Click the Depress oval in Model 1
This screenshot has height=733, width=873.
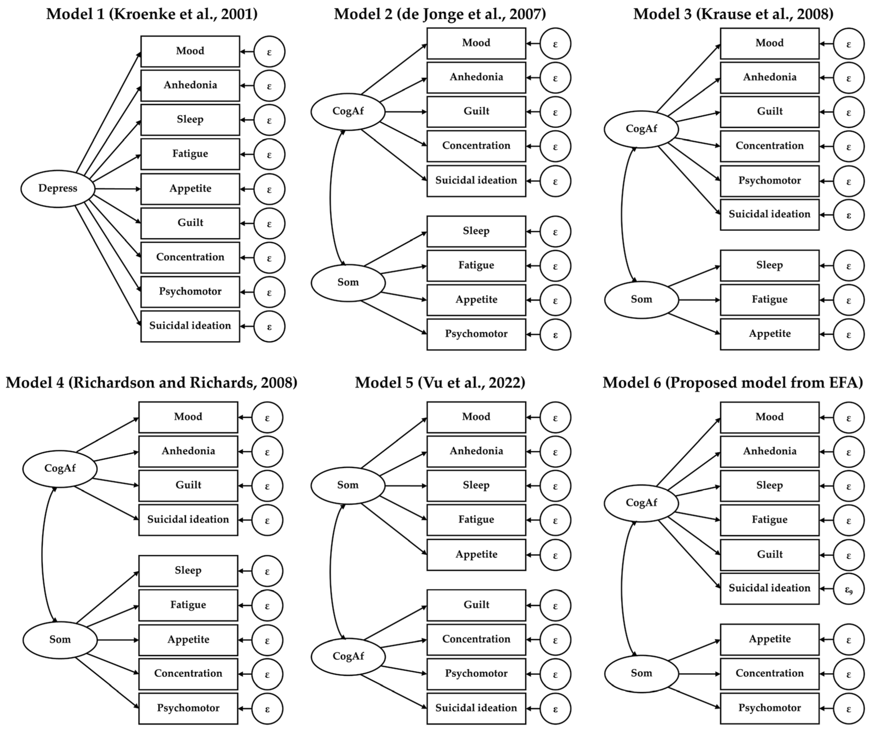click(x=58, y=188)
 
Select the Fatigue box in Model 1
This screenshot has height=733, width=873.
click(x=190, y=154)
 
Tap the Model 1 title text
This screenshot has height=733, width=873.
click(x=152, y=14)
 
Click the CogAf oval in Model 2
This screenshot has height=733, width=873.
click(x=348, y=111)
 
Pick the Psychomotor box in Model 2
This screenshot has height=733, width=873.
click(x=476, y=334)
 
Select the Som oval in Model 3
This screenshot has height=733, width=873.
click(x=641, y=299)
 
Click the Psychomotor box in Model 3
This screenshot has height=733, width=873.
click(x=769, y=181)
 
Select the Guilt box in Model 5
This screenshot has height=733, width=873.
click(x=476, y=605)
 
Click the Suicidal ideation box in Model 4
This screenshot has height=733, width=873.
click(x=188, y=520)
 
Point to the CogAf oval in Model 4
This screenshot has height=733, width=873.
click(x=60, y=469)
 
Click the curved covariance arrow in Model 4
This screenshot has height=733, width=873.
click(x=42, y=555)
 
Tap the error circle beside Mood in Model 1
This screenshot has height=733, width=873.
click(x=269, y=52)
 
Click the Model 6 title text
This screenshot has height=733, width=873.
click(x=733, y=383)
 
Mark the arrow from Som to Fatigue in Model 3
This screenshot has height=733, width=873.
click(x=698, y=300)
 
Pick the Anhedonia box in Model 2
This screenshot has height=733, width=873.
click(x=476, y=77)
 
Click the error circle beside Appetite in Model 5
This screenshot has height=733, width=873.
click(x=555, y=555)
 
